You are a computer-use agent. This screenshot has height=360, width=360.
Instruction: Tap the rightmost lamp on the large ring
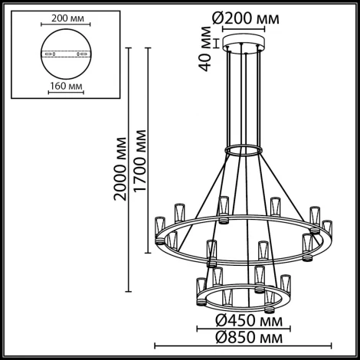pos(328,230)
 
